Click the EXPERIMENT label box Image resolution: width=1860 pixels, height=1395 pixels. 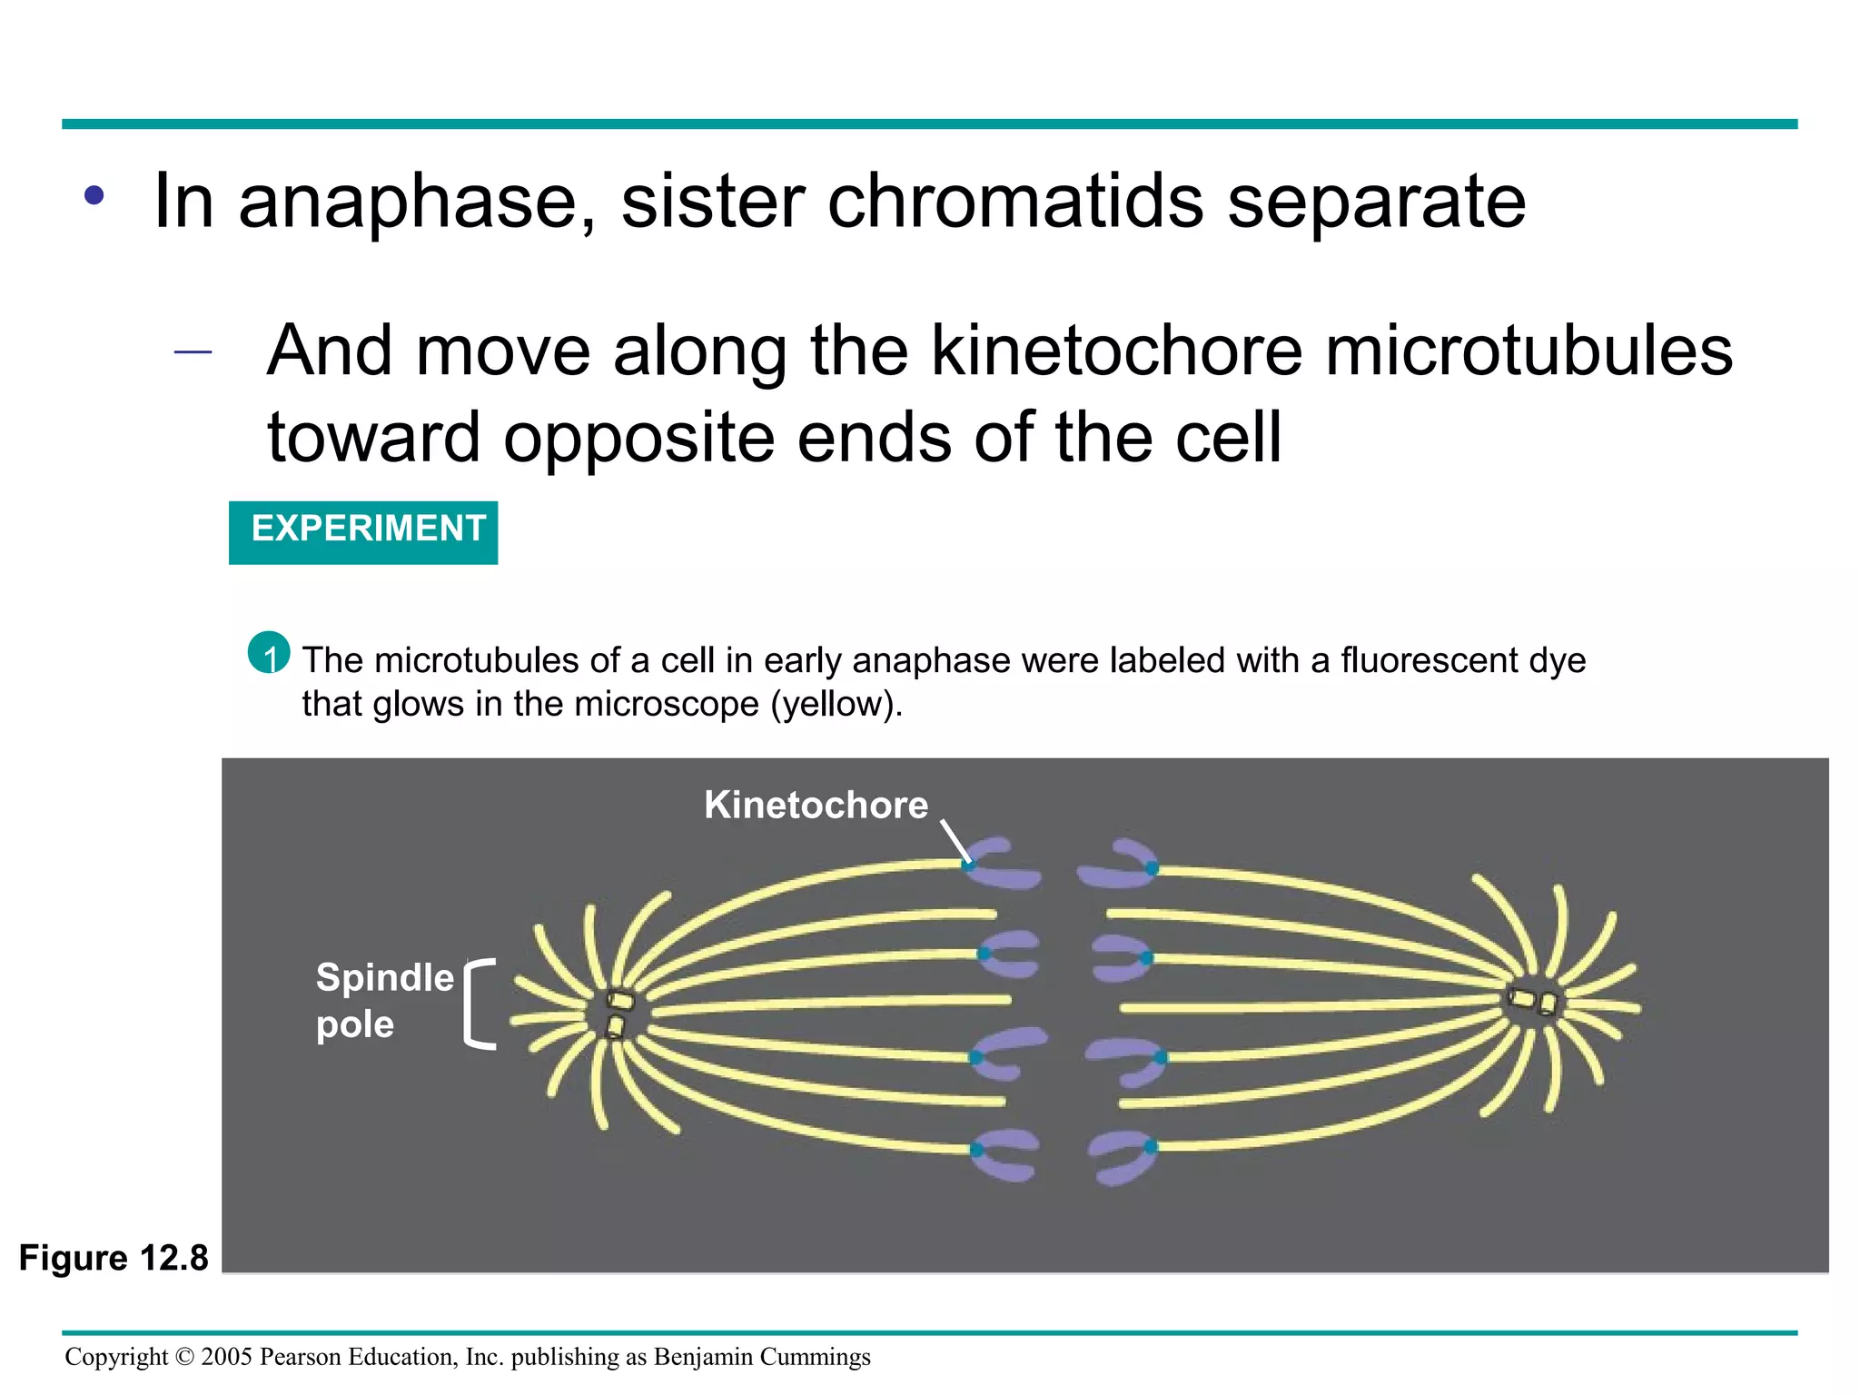[x=363, y=531]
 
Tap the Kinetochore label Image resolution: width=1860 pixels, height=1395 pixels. [x=816, y=806]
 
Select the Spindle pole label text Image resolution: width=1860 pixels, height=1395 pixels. [x=383, y=1000]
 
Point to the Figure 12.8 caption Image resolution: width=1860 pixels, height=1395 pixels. [x=114, y=1258]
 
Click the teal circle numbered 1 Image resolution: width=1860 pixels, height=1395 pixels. [x=269, y=652]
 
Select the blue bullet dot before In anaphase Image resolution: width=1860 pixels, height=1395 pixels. [x=94, y=195]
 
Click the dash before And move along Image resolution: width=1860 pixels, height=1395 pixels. [x=193, y=351]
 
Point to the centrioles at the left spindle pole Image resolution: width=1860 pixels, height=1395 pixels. [x=618, y=1013]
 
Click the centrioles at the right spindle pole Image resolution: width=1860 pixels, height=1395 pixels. [x=1535, y=1002]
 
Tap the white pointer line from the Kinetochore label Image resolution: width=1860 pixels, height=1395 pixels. [x=955, y=840]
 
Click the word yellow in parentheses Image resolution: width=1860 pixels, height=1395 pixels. [x=831, y=705]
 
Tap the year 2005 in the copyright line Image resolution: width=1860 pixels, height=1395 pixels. [x=226, y=1357]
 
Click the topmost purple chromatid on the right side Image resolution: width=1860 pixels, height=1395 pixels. [x=1117, y=864]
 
